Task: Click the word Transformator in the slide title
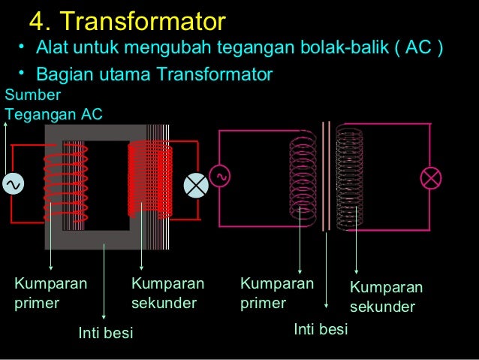pos(142,20)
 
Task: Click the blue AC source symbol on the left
pos(13,183)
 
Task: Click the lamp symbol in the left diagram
pos(196,183)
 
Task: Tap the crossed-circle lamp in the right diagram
pos(431,178)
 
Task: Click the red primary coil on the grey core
pos(66,180)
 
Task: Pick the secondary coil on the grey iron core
pos(150,180)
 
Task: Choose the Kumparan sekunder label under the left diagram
pos(167,294)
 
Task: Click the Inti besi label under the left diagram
pos(106,332)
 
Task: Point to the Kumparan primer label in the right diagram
pos(276,294)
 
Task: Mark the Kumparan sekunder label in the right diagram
pos(386,298)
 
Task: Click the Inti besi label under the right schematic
pos(321,329)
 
